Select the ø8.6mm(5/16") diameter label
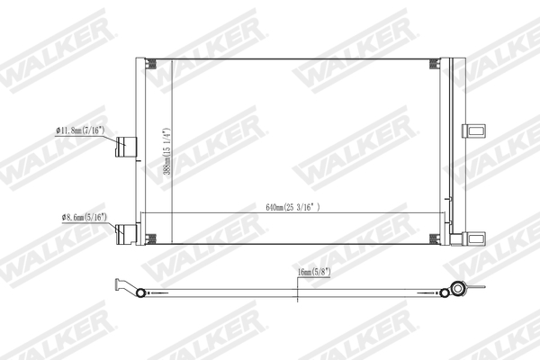(x=84, y=218)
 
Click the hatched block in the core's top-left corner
(x=150, y=63)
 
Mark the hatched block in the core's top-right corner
(x=435, y=63)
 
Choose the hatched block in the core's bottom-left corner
(x=150, y=238)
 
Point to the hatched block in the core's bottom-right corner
(x=435, y=238)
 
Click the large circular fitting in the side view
(x=458, y=289)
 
